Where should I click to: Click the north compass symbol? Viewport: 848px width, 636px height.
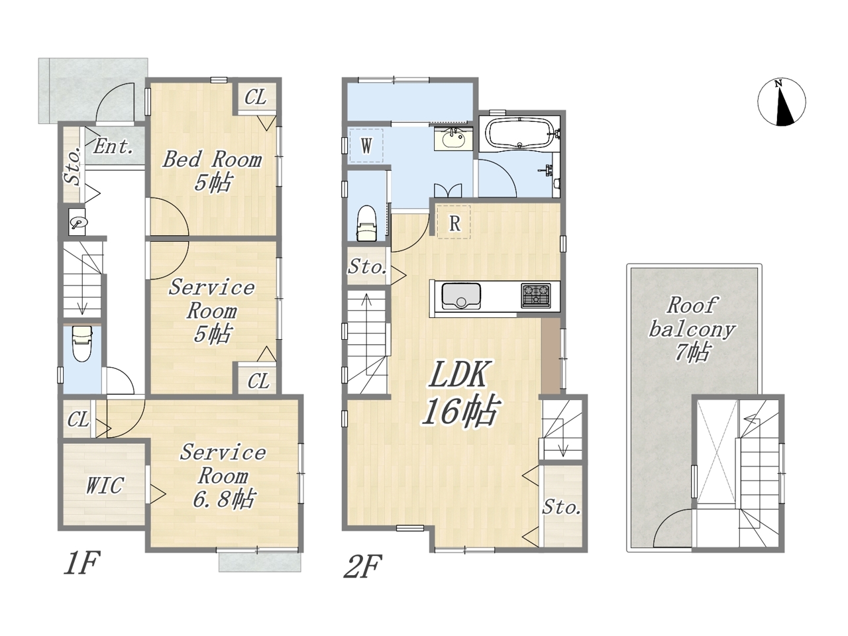tap(782, 102)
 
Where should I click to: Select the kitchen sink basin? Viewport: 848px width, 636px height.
tap(461, 296)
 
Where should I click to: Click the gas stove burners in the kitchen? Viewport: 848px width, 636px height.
tap(536, 295)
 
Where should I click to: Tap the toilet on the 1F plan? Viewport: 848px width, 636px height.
tap(82, 343)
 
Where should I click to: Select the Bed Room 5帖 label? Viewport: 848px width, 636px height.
tap(212, 171)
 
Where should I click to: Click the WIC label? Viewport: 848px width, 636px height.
tap(105, 486)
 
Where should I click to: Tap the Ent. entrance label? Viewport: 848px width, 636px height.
tap(113, 146)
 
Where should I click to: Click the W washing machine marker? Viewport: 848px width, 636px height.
tap(366, 146)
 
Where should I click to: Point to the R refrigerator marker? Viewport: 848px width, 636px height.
tap(454, 223)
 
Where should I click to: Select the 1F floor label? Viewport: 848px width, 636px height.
tap(82, 563)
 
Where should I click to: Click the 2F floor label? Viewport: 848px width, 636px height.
tap(363, 566)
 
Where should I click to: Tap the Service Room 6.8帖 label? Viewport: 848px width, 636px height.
tap(223, 476)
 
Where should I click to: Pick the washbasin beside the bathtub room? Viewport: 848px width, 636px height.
tap(453, 139)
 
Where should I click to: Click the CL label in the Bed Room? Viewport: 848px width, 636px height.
tap(255, 97)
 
